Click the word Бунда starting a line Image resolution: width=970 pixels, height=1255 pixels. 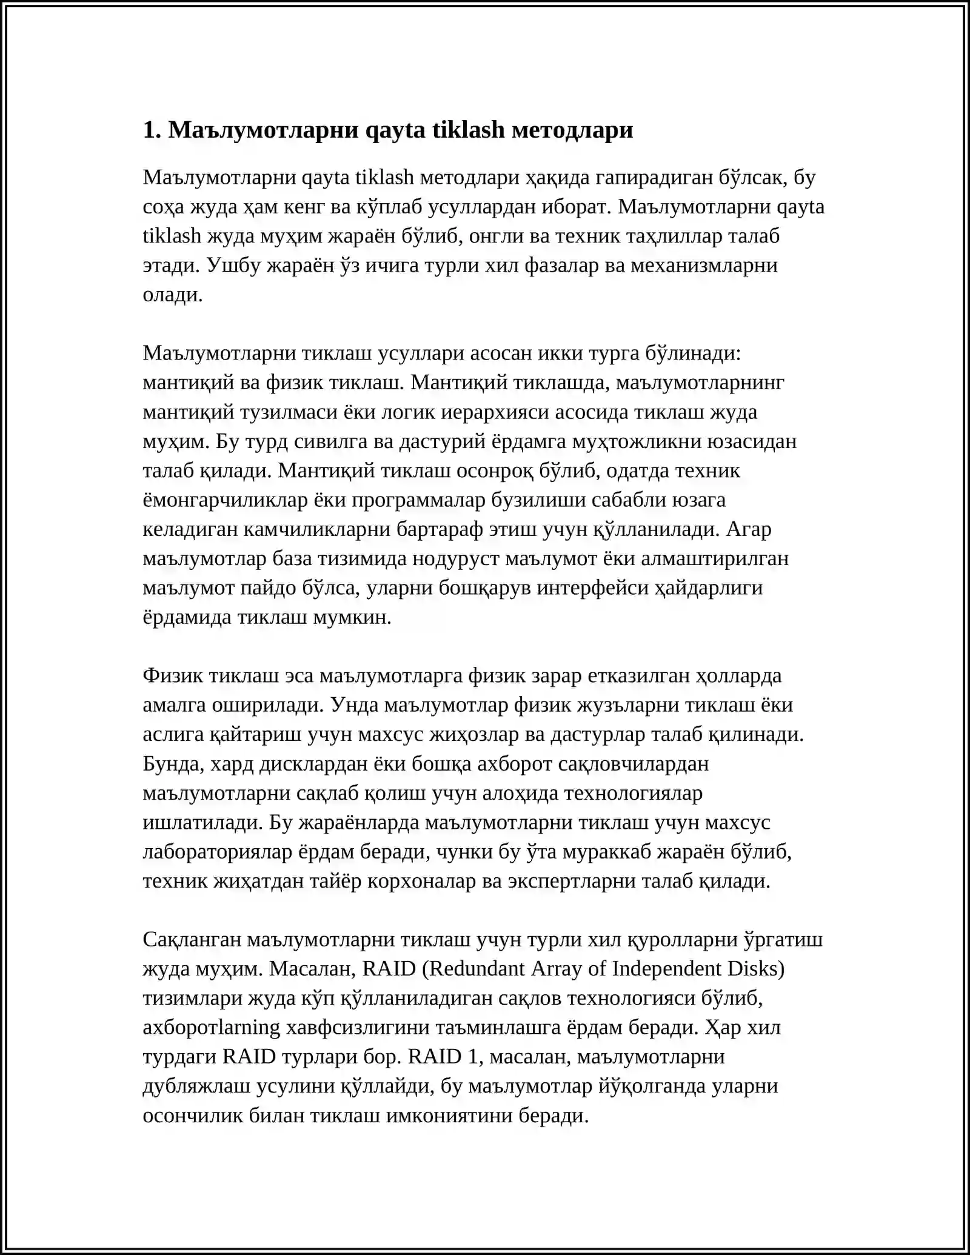tap(173, 763)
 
